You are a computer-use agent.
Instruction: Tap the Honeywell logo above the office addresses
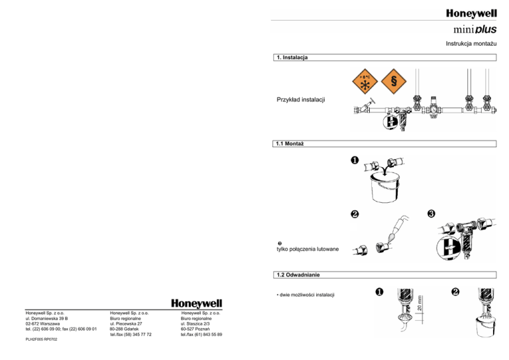[197, 302]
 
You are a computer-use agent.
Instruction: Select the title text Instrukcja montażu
[471, 44]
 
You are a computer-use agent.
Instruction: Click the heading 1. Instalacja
[292, 58]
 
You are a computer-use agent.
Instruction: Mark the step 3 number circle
[431, 213]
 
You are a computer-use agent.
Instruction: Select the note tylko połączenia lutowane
[308, 249]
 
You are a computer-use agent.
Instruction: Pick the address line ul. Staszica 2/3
[199, 324]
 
